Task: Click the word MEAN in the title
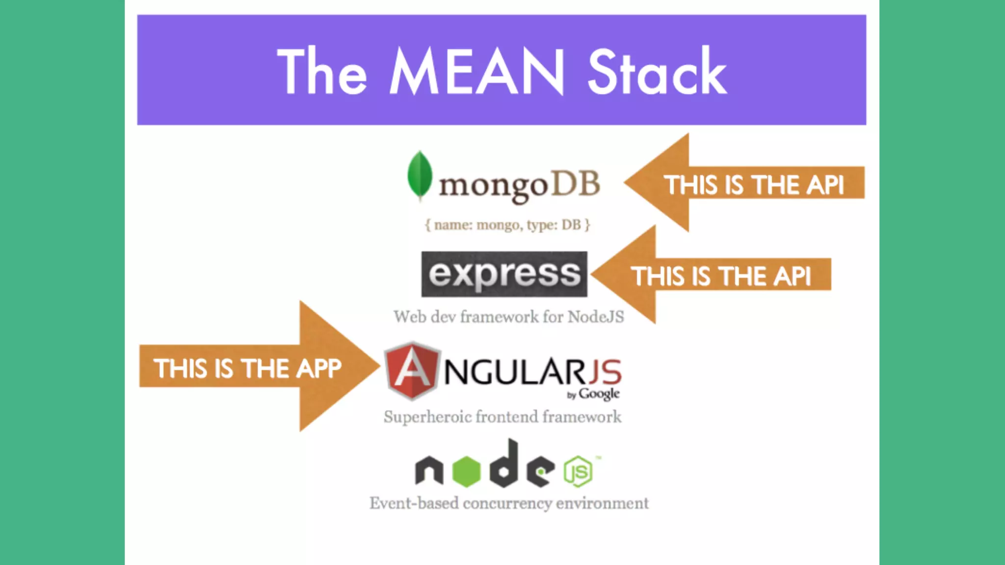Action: click(x=477, y=72)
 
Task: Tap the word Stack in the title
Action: click(x=657, y=72)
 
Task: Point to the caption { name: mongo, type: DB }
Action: click(x=507, y=225)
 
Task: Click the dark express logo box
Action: click(x=504, y=274)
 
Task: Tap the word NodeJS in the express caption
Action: click(x=596, y=317)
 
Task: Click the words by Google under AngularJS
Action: click(x=593, y=394)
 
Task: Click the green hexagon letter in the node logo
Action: click(x=466, y=471)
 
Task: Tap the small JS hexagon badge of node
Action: click(x=578, y=471)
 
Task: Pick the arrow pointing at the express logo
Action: click(x=712, y=275)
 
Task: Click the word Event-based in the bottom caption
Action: click(x=414, y=503)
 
